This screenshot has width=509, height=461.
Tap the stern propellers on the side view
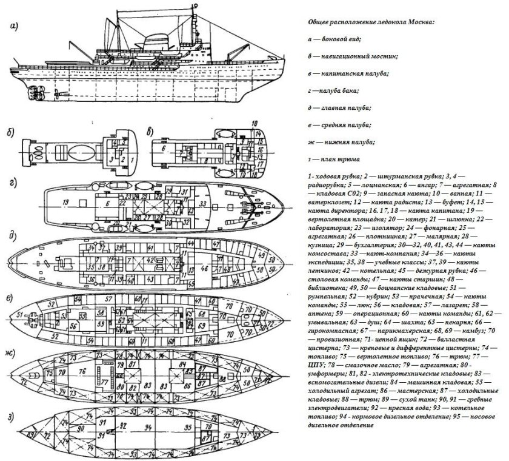35,93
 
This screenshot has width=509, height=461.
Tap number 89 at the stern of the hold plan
29,436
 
